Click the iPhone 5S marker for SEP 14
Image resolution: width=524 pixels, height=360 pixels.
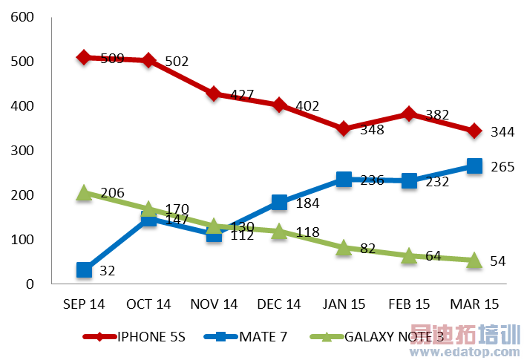click(84, 57)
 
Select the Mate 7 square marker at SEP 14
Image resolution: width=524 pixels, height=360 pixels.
click(84, 270)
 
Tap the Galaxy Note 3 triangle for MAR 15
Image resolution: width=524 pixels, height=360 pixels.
click(474, 260)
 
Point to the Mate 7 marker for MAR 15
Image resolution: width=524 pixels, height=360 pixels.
click(474, 166)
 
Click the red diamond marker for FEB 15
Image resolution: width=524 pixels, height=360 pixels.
click(409, 114)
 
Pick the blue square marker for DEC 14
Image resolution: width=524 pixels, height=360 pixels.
click(279, 203)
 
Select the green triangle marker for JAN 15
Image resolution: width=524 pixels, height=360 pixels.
click(344, 248)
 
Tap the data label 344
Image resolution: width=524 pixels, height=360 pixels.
click(502, 132)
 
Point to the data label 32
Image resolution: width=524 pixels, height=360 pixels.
click(107, 272)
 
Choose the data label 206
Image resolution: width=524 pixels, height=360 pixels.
click(111, 193)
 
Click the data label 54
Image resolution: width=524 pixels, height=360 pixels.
click(498, 262)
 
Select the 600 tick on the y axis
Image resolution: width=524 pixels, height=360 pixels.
click(23, 17)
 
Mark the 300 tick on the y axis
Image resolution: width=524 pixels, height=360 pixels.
click(23, 151)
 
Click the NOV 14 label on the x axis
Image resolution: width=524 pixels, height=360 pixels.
click(214, 304)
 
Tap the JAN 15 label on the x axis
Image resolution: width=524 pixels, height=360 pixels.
click(344, 304)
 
